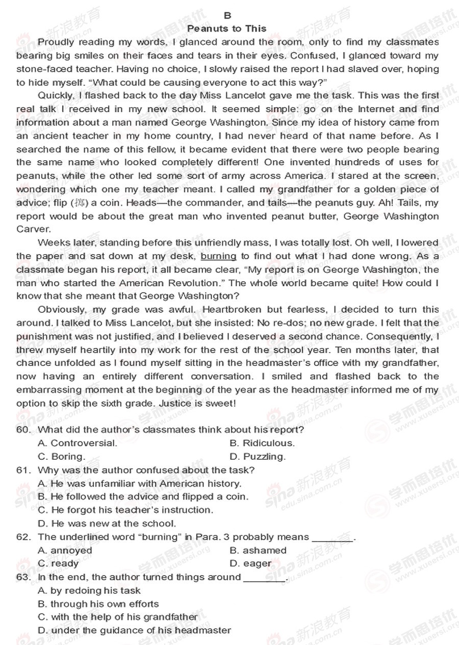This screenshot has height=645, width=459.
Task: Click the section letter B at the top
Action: pos(227,16)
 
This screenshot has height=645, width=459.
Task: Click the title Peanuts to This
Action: pos(227,29)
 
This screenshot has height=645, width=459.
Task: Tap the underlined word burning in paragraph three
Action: pos(218,256)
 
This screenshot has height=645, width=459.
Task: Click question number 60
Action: pos(23,430)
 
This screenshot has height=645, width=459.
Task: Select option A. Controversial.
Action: pos(78,443)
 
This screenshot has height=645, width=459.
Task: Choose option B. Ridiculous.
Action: pos(262,443)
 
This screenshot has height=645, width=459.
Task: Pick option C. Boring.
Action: pos(62,456)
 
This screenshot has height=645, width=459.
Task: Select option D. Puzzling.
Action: pos(258,456)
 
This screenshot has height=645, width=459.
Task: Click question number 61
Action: pos(23,470)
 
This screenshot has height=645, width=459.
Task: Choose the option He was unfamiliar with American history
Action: pos(140,483)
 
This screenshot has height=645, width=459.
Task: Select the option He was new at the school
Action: pos(107,523)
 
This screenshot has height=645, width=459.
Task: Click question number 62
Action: pos(23,537)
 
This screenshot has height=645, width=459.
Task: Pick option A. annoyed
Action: pos(65,550)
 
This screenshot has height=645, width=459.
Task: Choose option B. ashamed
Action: pos(258,550)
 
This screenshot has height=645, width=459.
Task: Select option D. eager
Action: pos(251,563)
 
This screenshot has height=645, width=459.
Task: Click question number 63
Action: pos(23,577)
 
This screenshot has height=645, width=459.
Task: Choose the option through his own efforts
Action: pos(98,604)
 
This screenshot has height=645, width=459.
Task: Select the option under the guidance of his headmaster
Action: pos(135,630)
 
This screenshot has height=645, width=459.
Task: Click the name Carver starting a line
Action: pos(33,229)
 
